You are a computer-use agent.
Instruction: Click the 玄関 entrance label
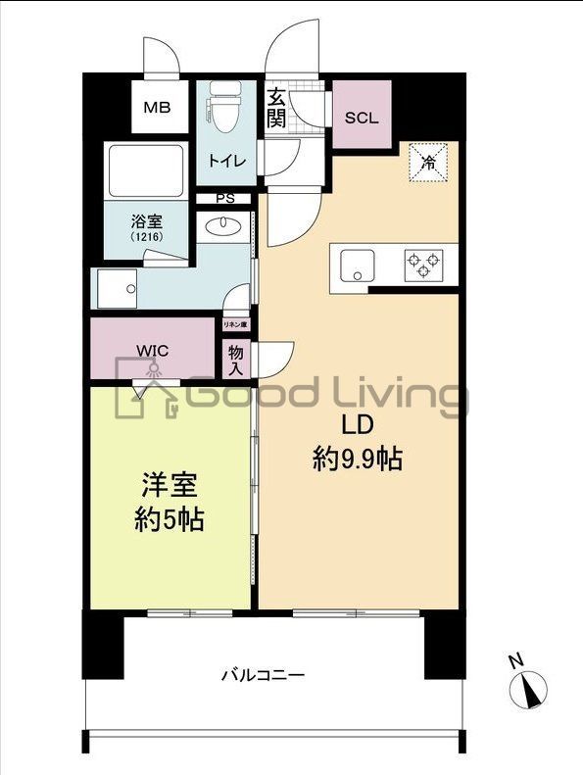point(276,110)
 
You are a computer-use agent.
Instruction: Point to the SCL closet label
point(362,117)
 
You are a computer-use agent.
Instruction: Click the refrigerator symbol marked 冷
point(428,162)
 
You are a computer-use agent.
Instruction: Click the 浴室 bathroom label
point(148,221)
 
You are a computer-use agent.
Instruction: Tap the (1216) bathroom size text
point(148,238)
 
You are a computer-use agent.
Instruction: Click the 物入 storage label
point(236,360)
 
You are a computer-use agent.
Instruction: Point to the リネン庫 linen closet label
point(235,323)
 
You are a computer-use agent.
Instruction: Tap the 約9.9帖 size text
point(357,459)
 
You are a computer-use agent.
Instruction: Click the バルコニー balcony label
point(262,675)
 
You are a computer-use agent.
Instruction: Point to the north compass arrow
point(530,688)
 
